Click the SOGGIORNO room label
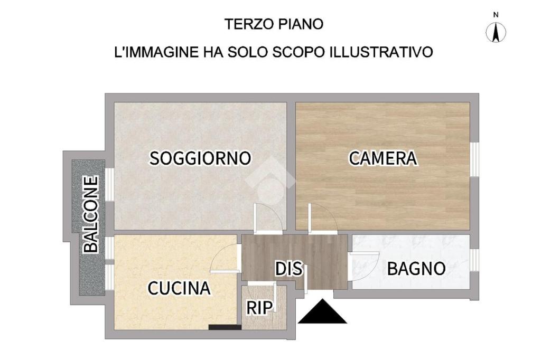point(200,158)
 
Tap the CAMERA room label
point(383,158)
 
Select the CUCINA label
point(179,288)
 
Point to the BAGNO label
point(416,269)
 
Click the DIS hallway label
point(289,269)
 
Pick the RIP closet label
point(259,308)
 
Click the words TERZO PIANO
point(274,24)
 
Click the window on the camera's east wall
point(475,159)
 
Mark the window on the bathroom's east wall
point(475,260)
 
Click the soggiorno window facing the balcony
point(110,185)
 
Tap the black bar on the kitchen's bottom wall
point(225,327)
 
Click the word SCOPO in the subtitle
point(299,52)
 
